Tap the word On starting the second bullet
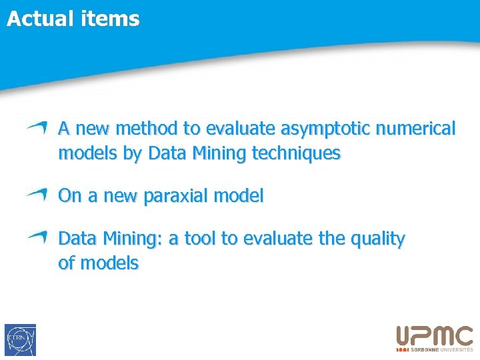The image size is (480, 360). pos(70,196)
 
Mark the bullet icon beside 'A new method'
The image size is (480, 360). pos(37,127)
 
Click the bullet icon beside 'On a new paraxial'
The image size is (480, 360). pos(37,194)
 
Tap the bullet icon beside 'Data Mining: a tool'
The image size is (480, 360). pos(37,237)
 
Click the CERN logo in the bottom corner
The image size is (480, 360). pos(20,340)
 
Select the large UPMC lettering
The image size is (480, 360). pos(435,336)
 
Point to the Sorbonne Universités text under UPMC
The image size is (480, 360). pos(441,349)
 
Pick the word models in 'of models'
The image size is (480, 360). pos(109,263)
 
